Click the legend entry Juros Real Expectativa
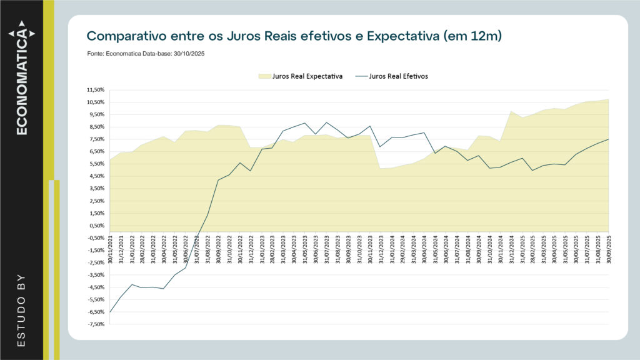click(x=301, y=76)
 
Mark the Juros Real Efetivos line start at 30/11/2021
click(x=110, y=312)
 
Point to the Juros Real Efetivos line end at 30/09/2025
click(x=608, y=139)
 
